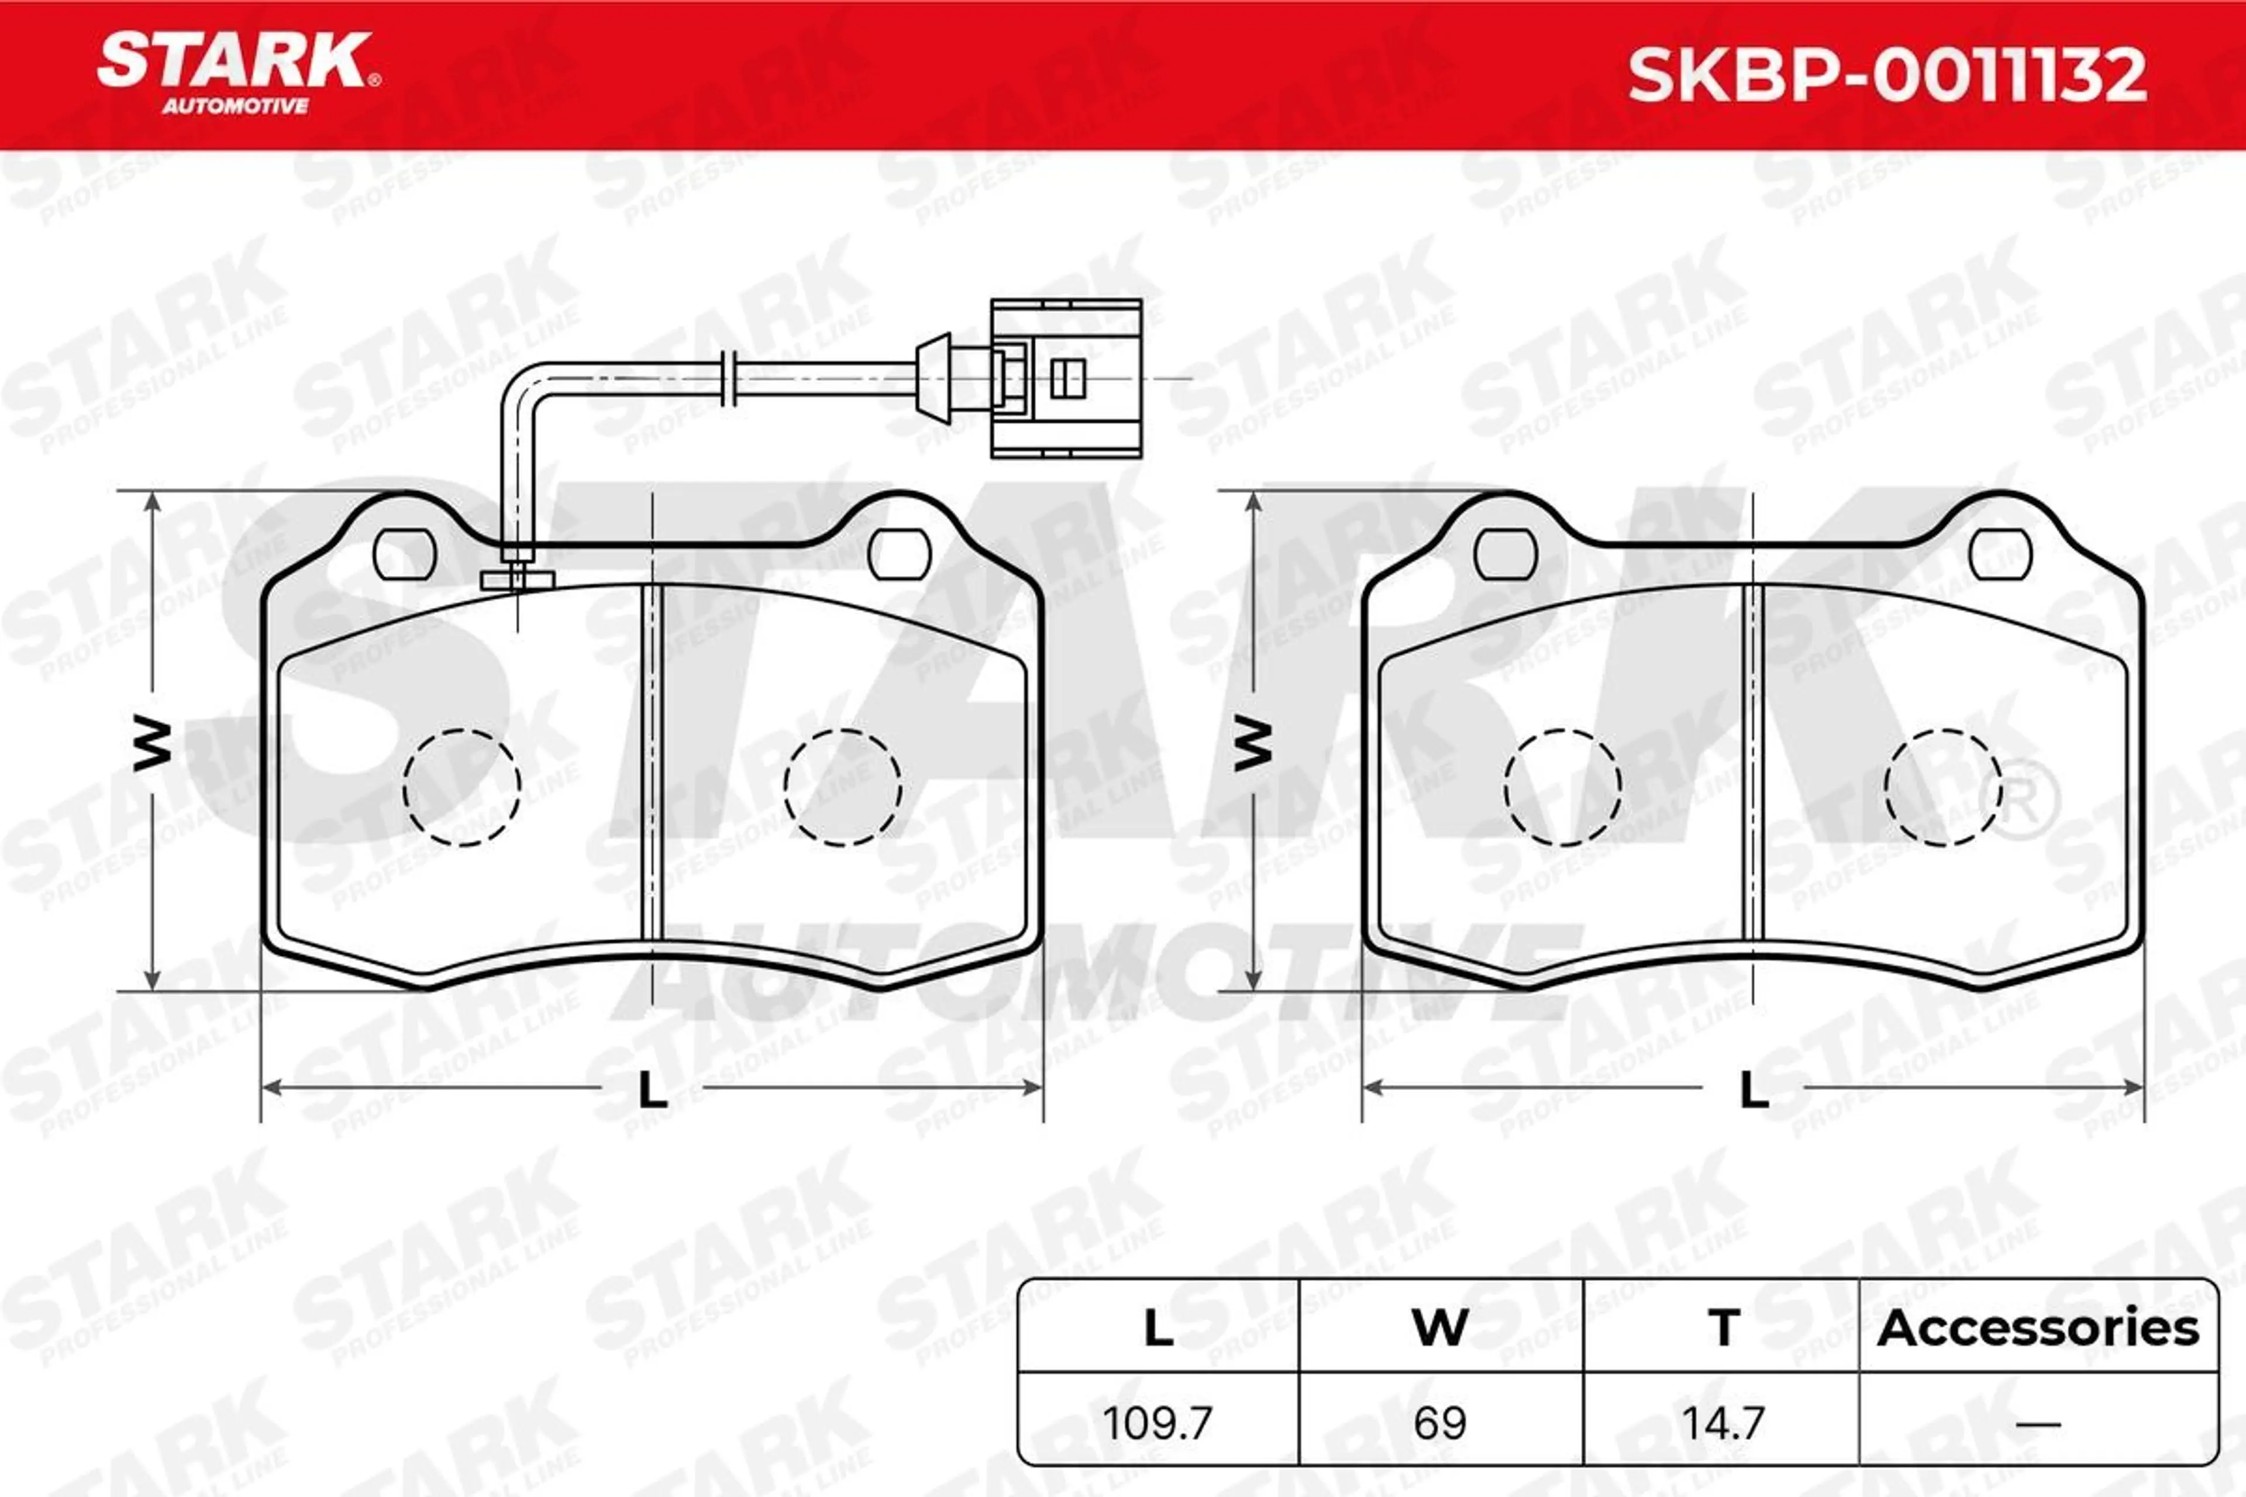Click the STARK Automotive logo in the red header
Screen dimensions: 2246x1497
pos(239,74)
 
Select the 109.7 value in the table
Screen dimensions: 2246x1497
pos(1158,1423)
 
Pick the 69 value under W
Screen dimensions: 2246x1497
pos(1440,1423)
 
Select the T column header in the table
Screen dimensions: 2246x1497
pos(1724,1328)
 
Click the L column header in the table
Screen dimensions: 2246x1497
pos(1158,1328)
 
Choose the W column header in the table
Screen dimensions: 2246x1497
pos(1440,1328)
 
